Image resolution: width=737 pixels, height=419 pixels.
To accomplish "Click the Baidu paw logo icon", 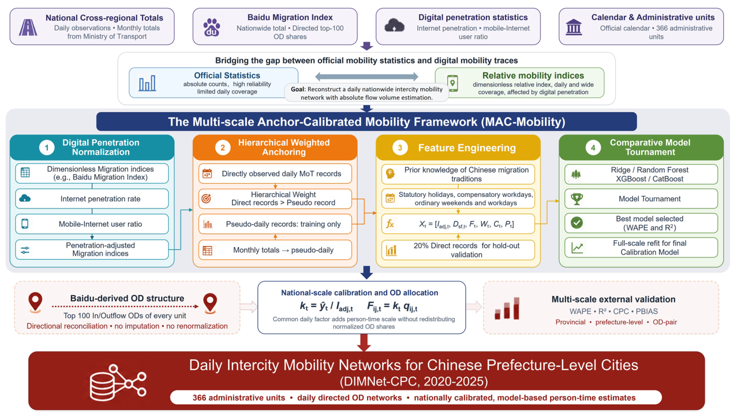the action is [x=212, y=28].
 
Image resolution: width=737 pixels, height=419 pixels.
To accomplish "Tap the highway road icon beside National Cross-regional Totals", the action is [x=28, y=28].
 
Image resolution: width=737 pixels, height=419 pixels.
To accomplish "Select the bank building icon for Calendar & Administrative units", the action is [x=573, y=28].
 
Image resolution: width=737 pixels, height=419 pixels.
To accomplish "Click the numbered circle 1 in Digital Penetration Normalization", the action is [x=47, y=148].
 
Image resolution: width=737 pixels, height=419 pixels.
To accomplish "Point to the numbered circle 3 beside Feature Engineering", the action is [x=400, y=148].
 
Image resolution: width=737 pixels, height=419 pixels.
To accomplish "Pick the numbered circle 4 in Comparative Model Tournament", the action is [x=593, y=148].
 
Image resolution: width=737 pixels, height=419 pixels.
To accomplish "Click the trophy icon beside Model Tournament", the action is [x=577, y=198].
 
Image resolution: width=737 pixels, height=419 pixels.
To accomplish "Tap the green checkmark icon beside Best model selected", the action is [x=577, y=223].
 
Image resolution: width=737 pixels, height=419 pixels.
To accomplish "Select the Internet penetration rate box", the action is [x=92, y=198].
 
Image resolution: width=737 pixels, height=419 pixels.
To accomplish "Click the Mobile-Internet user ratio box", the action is [x=92, y=224].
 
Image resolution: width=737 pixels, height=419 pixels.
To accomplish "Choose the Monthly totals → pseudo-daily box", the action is [x=275, y=250].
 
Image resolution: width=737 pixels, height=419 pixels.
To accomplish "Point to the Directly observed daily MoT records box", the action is [x=275, y=174].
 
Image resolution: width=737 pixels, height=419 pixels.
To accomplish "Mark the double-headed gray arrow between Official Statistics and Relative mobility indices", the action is [x=366, y=77].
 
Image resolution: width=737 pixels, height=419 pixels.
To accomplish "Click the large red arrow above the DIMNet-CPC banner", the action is [x=364, y=343].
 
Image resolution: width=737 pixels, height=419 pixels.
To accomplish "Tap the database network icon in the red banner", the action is [x=118, y=382].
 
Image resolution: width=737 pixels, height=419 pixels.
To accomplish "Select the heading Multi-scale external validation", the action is [x=613, y=299].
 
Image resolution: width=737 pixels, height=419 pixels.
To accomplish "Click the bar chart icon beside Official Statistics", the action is [x=147, y=83].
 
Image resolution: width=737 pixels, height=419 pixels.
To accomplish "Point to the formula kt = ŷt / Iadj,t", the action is [x=326, y=306].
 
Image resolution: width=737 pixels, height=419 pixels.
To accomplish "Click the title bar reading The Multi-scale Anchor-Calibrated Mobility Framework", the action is [x=366, y=122].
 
